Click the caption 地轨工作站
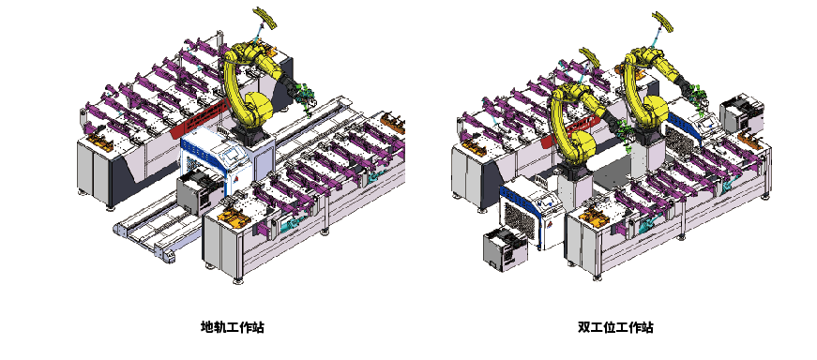click(233, 327)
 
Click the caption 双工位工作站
click(615, 327)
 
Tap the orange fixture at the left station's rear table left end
click(99, 142)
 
